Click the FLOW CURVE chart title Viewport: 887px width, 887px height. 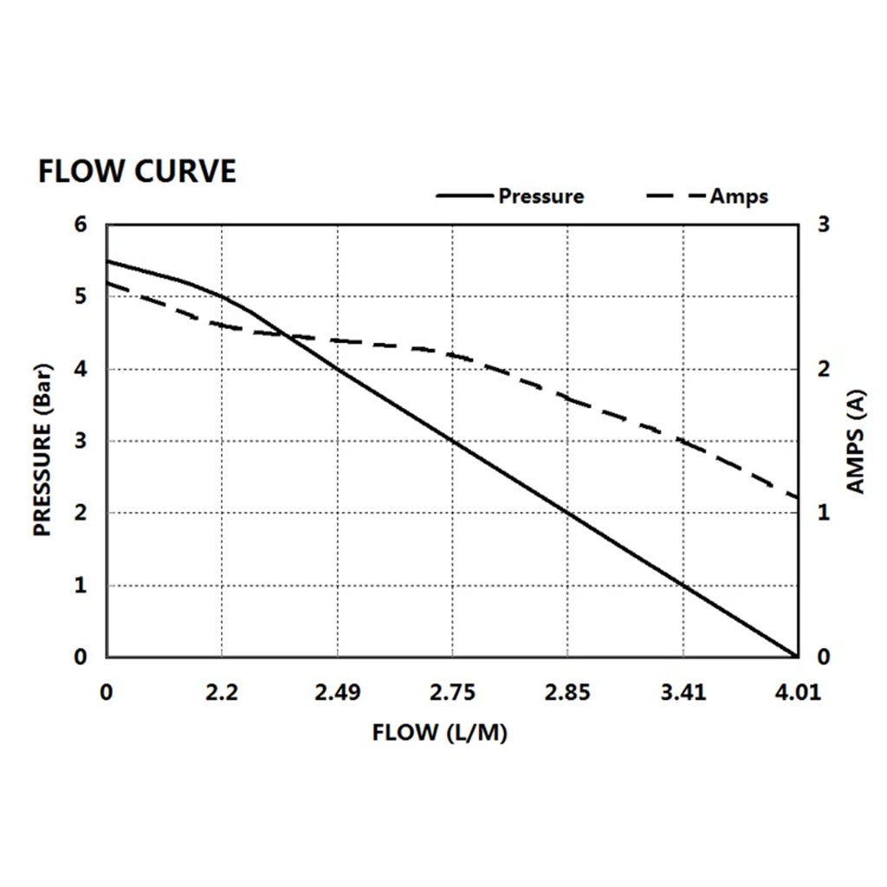pos(137,172)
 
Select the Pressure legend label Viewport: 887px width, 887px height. pos(541,197)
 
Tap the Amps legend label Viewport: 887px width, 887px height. pos(739,197)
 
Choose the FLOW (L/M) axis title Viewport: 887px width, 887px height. pos(439,733)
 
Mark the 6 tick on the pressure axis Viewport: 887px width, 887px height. pos(81,225)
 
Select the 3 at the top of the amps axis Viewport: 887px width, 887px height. pos(824,225)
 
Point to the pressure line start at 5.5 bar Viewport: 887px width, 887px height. pos(107,261)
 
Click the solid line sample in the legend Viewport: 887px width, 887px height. pos(465,197)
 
